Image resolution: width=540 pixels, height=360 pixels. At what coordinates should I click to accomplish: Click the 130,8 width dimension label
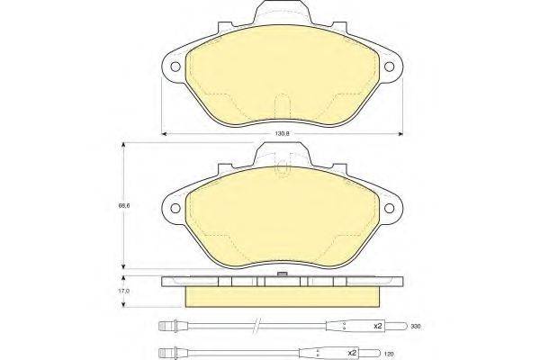pos(281,133)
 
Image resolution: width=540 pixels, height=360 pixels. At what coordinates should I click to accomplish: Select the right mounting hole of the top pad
pos(390,64)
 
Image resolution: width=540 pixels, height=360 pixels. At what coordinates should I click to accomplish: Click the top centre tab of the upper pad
pos(281,15)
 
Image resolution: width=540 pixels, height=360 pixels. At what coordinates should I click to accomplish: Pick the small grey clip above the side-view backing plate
pos(281,274)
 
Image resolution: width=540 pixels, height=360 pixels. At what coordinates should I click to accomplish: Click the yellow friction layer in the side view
pos(281,295)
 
